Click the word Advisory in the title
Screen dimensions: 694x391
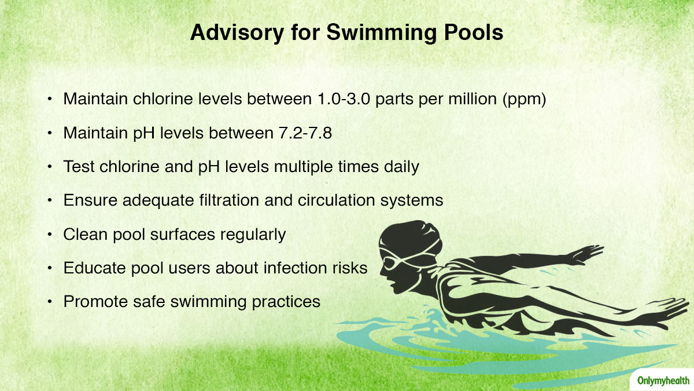(x=237, y=33)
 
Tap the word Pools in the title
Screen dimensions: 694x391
(x=474, y=32)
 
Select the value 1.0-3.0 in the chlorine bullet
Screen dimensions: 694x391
(x=344, y=99)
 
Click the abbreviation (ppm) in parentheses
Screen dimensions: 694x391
(x=524, y=100)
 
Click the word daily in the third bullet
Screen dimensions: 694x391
(x=401, y=167)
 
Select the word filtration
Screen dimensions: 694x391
(x=229, y=200)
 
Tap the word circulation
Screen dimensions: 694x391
(x=336, y=200)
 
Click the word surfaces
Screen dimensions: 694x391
(x=183, y=234)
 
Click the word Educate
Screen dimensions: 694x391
(x=94, y=268)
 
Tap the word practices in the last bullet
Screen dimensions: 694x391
(x=286, y=302)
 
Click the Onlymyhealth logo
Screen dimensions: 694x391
(x=663, y=381)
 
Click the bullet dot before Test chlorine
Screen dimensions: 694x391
(x=50, y=167)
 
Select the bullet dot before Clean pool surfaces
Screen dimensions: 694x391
(x=50, y=235)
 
